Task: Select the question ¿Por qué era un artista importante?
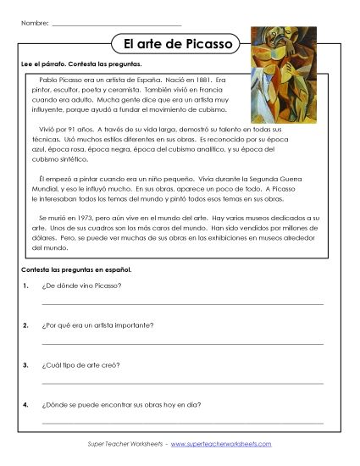[x=96, y=325]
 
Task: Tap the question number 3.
[x=27, y=365]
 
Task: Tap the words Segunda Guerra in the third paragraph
[x=280, y=180]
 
